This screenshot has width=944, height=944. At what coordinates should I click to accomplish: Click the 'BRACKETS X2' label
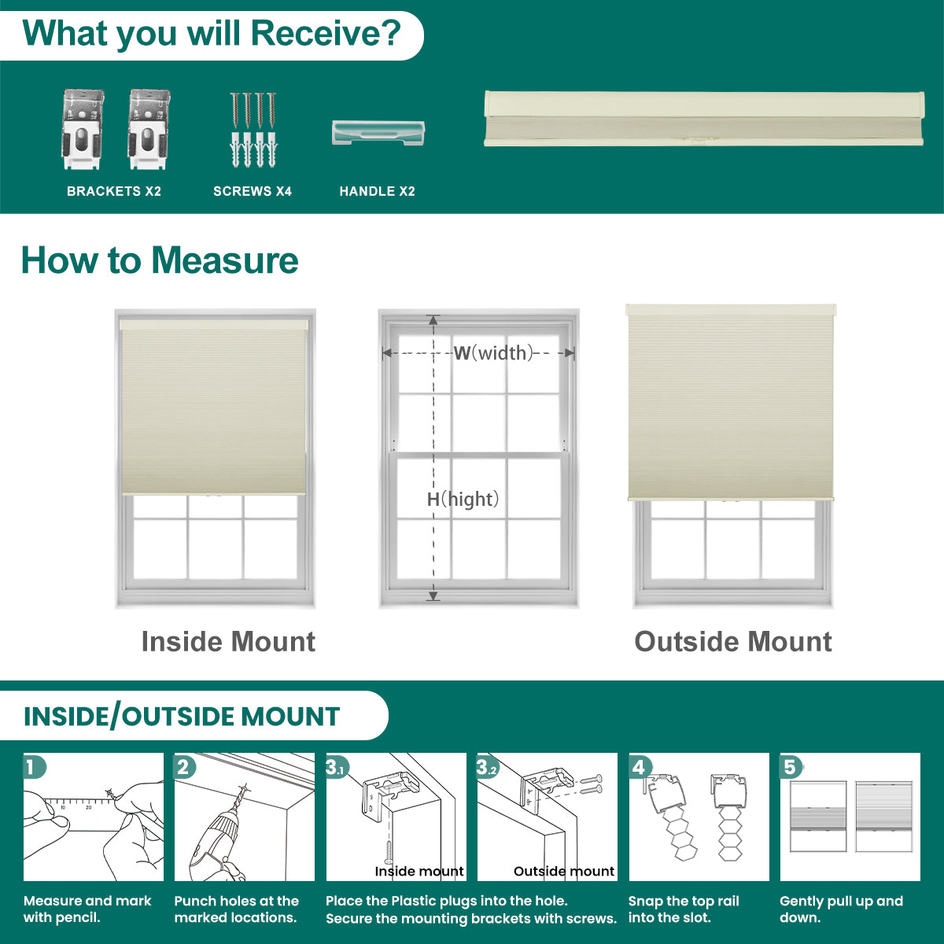pos(113,191)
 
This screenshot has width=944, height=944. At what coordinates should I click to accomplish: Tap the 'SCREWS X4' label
pos(253,191)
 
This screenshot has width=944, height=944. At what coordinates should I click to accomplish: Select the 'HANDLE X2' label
pos(378,191)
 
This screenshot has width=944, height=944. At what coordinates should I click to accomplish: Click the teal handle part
pos(378,133)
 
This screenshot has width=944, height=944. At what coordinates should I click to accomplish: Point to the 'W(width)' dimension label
pos(492,352)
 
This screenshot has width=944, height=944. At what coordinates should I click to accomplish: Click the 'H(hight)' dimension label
pos(463,500)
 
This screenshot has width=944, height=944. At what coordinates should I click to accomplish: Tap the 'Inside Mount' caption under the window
pos(228,642)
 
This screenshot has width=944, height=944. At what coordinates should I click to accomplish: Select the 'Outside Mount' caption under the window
pos(733,642)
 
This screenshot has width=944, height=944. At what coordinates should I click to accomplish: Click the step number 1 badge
pos(34,767)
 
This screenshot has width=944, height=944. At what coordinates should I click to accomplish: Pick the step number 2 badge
pos(185,767)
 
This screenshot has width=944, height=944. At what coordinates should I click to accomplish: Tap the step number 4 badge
pos(640,767)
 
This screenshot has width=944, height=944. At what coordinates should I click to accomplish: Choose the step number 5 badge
pos(791,767)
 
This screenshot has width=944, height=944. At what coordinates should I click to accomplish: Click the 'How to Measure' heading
pos(160,260)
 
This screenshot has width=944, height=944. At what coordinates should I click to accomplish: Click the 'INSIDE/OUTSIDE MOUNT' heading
pos(182,716)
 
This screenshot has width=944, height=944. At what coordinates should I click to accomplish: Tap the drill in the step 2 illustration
pos(218,833)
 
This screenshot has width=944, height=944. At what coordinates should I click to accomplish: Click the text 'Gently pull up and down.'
pos(841,909)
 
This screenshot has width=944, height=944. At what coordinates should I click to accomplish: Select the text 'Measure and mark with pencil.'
pos(87,909)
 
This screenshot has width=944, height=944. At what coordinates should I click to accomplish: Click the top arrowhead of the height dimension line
pos(433,320)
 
